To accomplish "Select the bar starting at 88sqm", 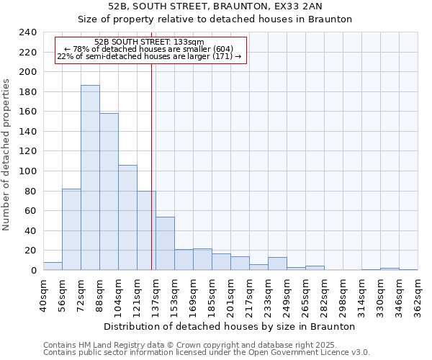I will click(x=109, y=192).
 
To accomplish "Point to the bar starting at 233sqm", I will click(x=277, y=264).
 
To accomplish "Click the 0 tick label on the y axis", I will click(x=33, y=271).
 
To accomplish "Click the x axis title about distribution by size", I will click(x=230, y=326).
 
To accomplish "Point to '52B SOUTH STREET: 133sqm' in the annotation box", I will click(x=150, y=42).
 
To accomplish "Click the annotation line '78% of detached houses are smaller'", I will click(x=149, y=49).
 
